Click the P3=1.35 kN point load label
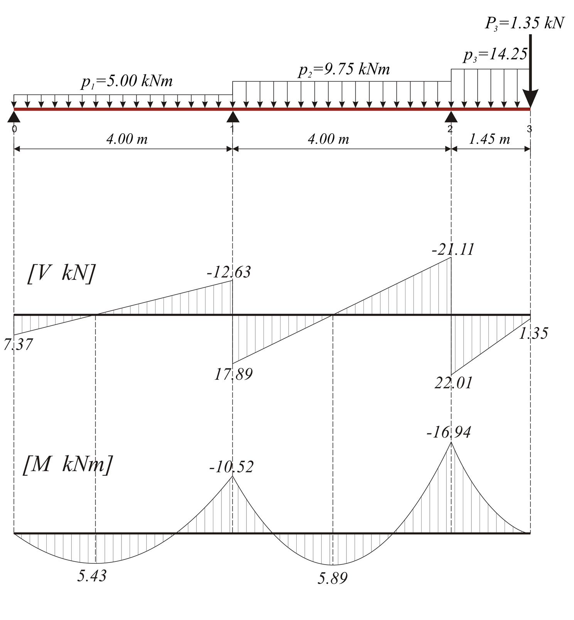pos(524,24)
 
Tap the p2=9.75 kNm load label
pos(344,70)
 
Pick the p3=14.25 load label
pos(495,55)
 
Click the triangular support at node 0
pos(14,116)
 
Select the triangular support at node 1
pos(233,116)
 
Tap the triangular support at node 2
pos(451,116)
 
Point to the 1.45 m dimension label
pos(489,139)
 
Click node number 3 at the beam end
pos(529,129)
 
